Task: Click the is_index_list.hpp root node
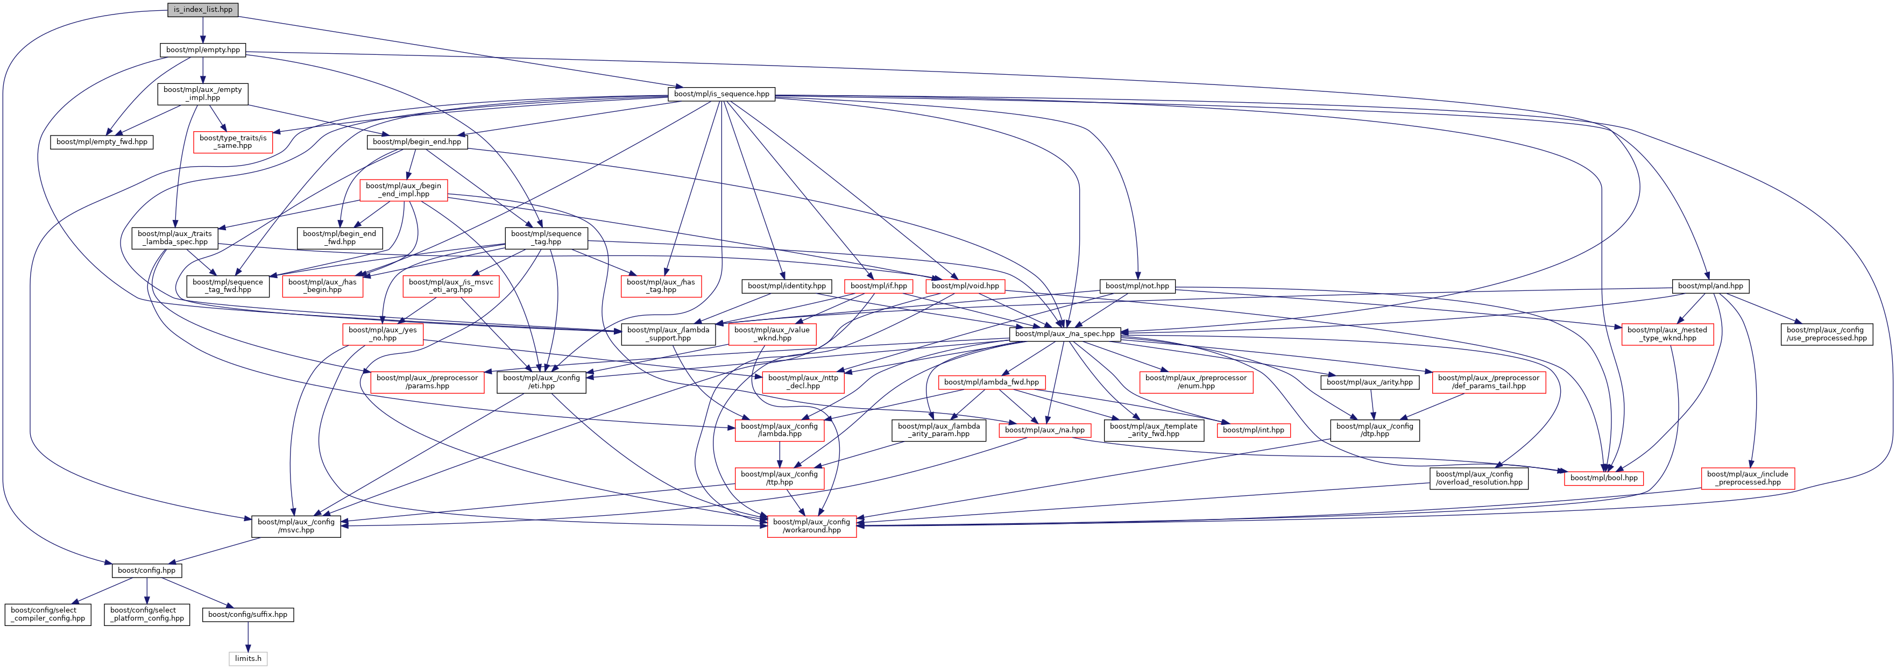coord(202,10)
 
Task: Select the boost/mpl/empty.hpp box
coord(202,50)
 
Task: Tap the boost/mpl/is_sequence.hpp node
coord(721,94)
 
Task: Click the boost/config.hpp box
coord(146,571)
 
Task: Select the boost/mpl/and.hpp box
coord(1710,286)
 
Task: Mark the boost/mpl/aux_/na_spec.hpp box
coord(1064,334)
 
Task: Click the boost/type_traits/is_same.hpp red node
coord(232,142)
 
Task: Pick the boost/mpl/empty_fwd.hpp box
coord(102,142)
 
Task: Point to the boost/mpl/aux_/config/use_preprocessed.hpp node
coord(1826,334)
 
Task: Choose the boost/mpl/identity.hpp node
coord(786,286)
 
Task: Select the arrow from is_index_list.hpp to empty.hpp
coord(202,30)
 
